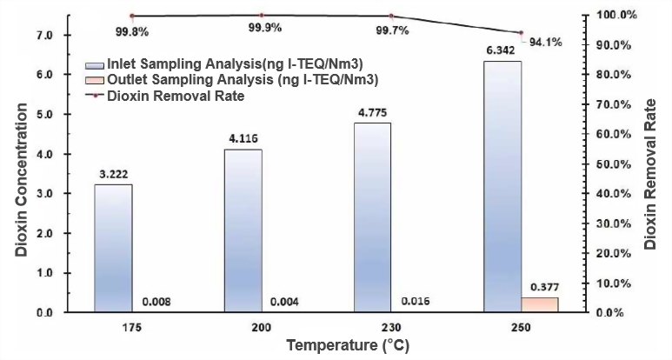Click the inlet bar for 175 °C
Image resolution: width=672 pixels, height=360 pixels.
(113, 248)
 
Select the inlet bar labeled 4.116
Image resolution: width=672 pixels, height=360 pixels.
(243, 230)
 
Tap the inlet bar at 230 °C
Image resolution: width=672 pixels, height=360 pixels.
(373, 217)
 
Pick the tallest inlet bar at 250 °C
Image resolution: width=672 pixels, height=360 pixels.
(502, 186)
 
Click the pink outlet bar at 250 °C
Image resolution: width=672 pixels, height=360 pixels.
(540, 304)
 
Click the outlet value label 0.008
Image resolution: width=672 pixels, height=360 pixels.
(156, 302)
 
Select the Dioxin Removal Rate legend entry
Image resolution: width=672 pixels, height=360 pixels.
(174, 96)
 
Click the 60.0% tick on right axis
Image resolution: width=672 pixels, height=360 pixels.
(620, 134)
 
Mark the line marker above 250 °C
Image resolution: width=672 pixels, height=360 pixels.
(521, 32)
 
